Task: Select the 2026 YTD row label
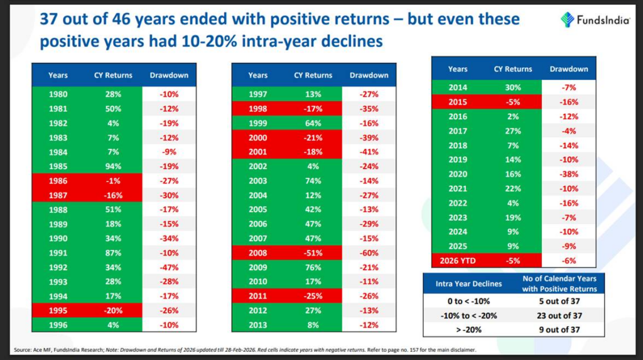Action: tap(457, 259)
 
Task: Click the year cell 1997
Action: tap(257, 94)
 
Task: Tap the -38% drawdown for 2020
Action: tap(568, 174)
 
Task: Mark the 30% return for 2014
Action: tap(512, 88)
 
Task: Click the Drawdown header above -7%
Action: tap(568, 69)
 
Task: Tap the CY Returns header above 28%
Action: tap(114, 75)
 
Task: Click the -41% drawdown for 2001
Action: tap(369, 151)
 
